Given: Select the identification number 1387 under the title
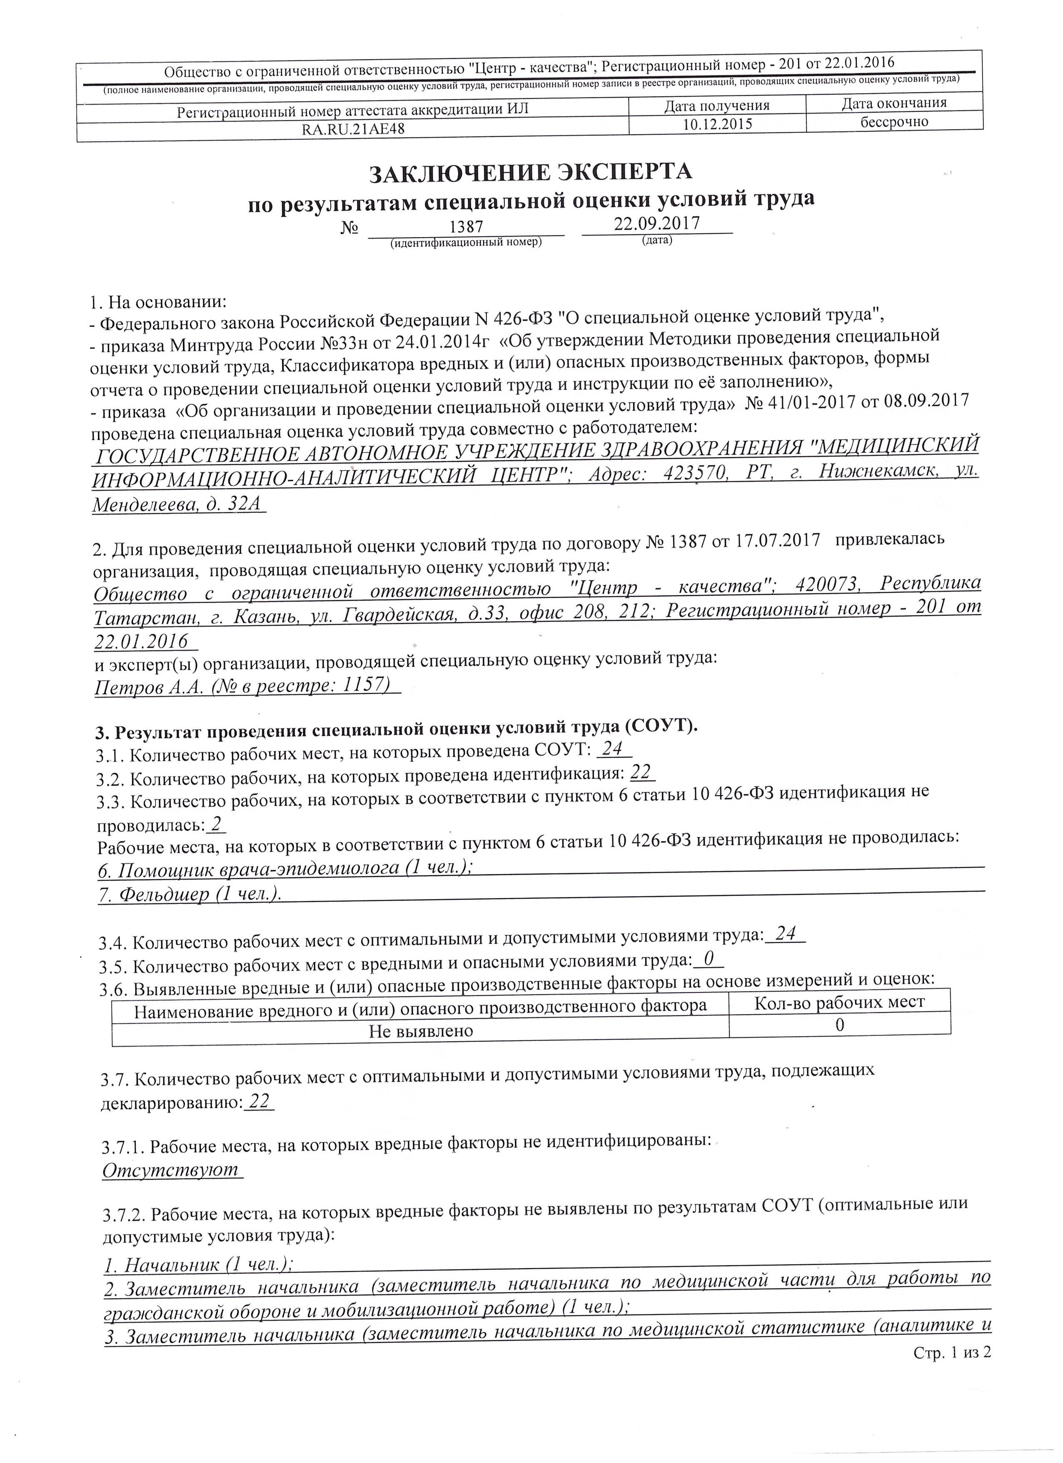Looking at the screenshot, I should [x=466, y=227].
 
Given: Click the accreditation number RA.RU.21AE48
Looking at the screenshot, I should [x=353, y=129].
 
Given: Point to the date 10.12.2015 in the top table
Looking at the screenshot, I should [x=717, y=124].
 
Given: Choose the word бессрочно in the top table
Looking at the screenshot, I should [x=894, y=121].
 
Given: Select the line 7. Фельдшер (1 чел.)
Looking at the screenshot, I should [x=190, y=894].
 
